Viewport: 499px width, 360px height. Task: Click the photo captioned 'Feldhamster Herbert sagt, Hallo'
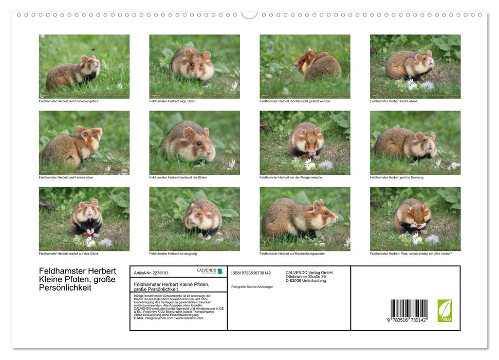194,66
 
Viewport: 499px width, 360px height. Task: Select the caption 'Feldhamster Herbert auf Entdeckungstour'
68,101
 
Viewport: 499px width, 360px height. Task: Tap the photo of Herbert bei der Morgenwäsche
305,142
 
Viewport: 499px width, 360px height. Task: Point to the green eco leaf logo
445,311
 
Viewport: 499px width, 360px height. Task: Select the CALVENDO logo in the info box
210,271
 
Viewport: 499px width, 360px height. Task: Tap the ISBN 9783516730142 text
251,273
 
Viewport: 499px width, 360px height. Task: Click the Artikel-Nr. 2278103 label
151,273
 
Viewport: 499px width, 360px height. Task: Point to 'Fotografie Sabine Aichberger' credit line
252,286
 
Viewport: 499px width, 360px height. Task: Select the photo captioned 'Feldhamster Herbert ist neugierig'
194,219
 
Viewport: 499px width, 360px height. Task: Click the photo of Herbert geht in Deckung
415,142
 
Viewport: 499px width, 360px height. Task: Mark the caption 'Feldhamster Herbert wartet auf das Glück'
68,254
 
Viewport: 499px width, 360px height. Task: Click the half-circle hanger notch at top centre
249,14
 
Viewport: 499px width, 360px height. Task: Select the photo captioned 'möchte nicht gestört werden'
305,66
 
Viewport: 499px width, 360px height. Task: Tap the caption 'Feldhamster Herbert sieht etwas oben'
66,177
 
